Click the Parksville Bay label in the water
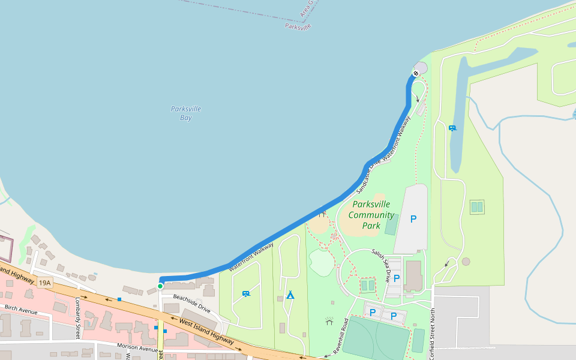coord(186,113)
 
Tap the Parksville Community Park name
coord(371,215)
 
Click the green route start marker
coord(160,286)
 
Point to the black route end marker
coord(415,73)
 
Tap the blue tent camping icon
coord(290,295)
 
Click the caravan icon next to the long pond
coord(452,127)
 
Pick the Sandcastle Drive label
coord(368,177)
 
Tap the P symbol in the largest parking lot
coord(413,219)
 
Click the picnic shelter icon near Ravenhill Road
coord(329,321)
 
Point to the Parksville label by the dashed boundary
coord(298,26)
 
